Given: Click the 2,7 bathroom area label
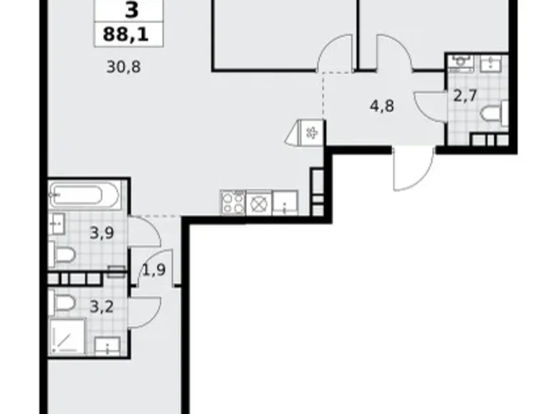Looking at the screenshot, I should [x=465, y=96].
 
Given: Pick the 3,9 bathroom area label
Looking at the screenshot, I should [x=102, y=231].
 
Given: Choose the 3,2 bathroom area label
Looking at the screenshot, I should [x=100, y=309].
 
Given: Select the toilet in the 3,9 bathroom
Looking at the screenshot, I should [x=62, y=255].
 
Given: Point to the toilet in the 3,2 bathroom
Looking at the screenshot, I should [x=63, y=303].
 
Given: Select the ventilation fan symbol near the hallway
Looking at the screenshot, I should [x=312, y=132].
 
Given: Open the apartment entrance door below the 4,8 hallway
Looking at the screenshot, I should [x=413, y=169].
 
